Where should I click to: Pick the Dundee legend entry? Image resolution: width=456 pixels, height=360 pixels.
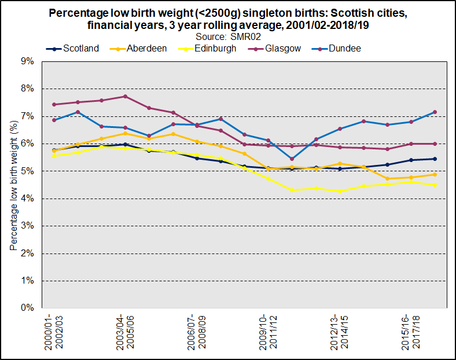tap(343, 49)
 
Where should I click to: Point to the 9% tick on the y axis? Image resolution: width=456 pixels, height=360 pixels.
tap(27, 61)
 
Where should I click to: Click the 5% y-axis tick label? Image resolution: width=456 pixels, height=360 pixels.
tap(27, 171)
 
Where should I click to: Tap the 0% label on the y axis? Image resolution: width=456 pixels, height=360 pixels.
tap(27, 308)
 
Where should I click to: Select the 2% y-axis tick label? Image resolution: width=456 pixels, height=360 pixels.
tap(27, 254)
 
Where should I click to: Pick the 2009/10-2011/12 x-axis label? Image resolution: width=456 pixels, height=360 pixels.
tap(267, 332)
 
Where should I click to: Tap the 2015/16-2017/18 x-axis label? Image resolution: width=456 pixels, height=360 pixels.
tap(410, 332)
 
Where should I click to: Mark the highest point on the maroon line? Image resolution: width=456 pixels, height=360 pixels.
tap(125, 97)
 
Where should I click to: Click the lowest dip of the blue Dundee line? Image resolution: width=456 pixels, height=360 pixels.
tap(292, 159)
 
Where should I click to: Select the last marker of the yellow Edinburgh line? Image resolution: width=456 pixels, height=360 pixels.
tap(435, 185)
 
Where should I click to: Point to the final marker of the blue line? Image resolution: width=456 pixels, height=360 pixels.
tap(435, 112)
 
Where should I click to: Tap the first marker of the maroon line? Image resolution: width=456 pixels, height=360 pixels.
tap(54, 105)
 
